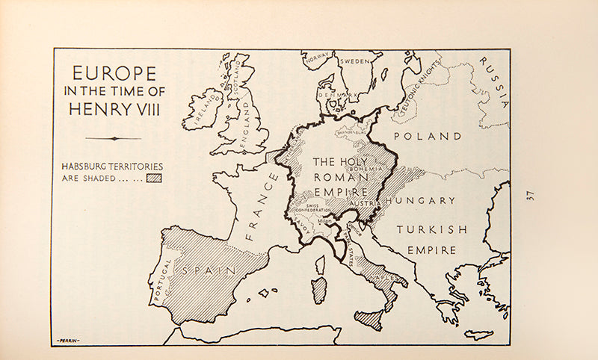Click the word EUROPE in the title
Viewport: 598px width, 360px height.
(x=114, y=73)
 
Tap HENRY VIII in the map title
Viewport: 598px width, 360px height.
(x=114, y=109)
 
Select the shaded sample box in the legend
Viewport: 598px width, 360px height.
(x=154, y=178)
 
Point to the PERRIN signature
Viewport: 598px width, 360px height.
(x=68, y=341)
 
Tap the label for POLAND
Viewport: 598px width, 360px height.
(x=428, y=137)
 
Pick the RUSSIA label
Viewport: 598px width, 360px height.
(x=494, y=82)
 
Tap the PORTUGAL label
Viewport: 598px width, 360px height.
(x=163, y=279)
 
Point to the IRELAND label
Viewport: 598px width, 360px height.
(x=201, y=110)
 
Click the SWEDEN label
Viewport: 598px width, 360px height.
(x=356, y=62)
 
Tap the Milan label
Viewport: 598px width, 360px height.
(x=323, y=222)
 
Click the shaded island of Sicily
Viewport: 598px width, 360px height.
(x=368, y=319)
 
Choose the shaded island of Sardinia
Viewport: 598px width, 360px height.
(x=319, y=290)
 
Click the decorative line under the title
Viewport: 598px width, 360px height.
(x=113, y=138)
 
